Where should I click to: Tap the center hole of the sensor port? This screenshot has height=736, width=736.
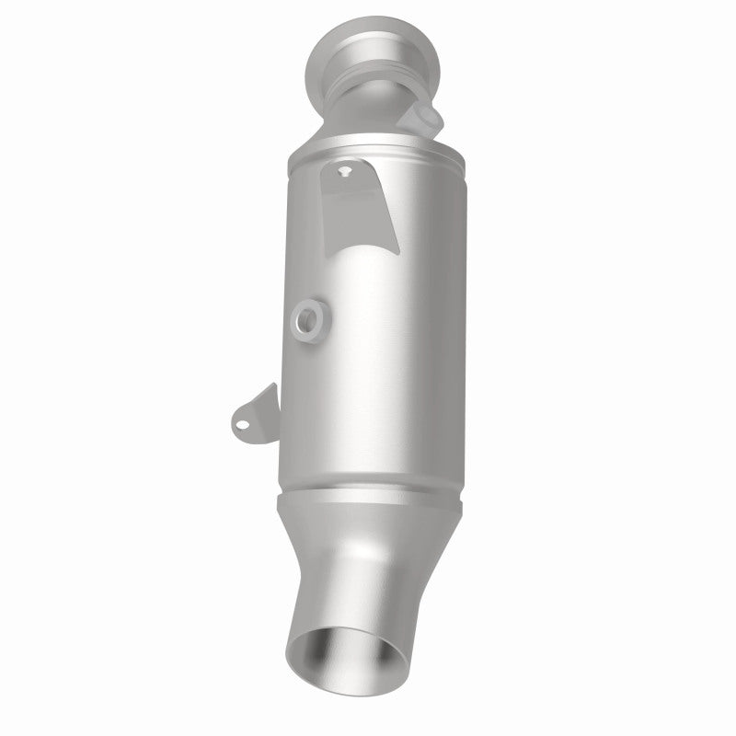(307, 319)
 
